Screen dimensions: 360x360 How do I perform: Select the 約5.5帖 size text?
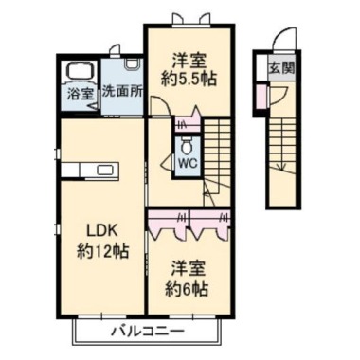(188, 78)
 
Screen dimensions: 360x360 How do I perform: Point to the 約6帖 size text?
(189, 288)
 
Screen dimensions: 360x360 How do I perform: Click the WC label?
(188, 163)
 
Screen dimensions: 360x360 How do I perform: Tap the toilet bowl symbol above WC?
(188, 145)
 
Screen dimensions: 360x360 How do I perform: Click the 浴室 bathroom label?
(78, 95)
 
